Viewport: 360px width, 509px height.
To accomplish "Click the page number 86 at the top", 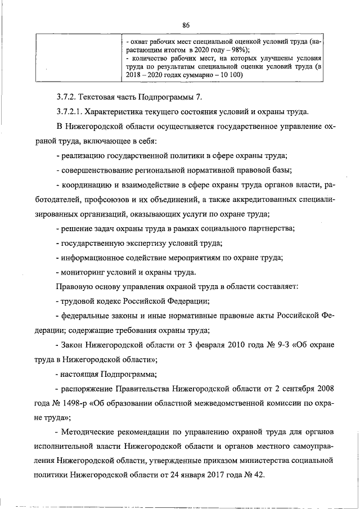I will (x=186, y=24).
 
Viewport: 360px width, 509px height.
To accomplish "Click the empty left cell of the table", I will (x=79, y=58).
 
